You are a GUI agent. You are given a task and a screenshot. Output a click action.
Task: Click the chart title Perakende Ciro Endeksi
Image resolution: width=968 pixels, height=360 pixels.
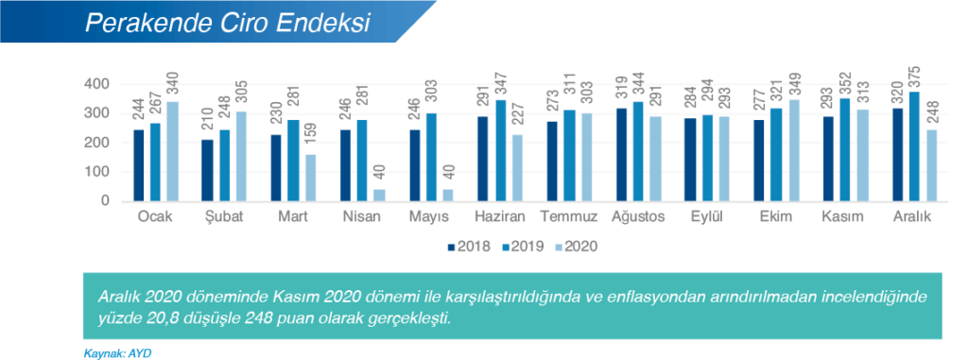tap(227, 23)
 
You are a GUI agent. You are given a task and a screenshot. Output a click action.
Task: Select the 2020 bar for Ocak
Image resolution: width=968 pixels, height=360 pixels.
tap(172, 151)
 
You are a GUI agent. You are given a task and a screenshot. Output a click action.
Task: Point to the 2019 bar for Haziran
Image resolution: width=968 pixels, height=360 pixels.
tap(500, 151)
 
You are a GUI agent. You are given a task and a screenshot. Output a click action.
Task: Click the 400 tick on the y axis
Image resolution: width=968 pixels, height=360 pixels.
tap(97, 84)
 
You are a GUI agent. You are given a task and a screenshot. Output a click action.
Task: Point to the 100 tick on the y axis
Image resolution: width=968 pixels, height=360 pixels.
tap(97, 172)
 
